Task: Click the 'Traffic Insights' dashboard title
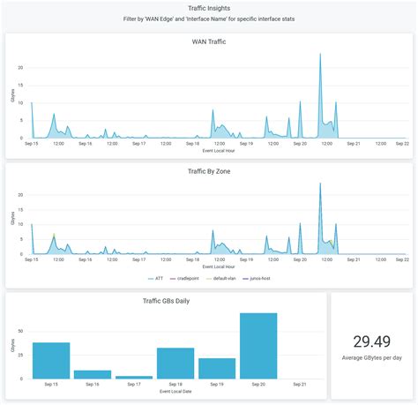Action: coord(209,8)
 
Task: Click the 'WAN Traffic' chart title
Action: coord(209,41)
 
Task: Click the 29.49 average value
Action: coord(371,341)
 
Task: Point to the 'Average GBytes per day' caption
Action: coord(371,358)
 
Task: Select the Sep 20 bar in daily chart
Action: coord(258,346)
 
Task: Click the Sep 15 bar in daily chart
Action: coord(51,360)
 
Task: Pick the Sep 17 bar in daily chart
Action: coord(134,377)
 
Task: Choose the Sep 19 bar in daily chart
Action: coord(217,368)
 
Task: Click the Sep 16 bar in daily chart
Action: coord(93,374)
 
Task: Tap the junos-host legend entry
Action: coord(258,278)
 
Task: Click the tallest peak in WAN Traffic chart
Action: coord(320,55)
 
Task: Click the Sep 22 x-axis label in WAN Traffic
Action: coord(401,143)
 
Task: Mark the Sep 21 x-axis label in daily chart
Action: coord(300,385)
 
